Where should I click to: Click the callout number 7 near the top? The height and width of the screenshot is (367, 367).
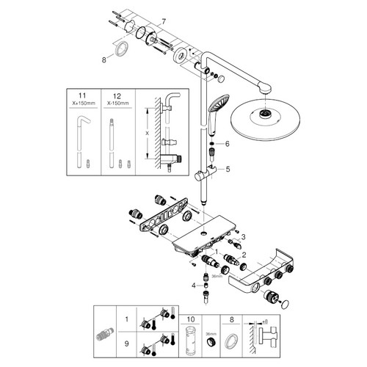164,22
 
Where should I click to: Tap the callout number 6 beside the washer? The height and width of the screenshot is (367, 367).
228,144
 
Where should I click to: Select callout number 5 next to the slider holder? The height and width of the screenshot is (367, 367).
228,169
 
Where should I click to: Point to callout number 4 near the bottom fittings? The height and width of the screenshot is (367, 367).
194,286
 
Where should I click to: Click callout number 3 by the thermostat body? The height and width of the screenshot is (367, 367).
243,237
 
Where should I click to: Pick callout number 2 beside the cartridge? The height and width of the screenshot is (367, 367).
244,255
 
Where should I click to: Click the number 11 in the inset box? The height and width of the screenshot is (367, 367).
82,95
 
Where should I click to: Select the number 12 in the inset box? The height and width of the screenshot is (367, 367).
117,96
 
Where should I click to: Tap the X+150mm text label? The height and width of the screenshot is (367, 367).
84,103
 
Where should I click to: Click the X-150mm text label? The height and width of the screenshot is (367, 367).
117,103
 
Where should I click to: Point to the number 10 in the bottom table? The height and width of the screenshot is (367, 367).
191,319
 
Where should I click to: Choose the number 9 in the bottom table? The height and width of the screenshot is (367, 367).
126,344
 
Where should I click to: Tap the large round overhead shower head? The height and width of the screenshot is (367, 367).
265,119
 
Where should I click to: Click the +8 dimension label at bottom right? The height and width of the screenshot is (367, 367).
264,321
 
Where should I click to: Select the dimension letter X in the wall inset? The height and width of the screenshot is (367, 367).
147,134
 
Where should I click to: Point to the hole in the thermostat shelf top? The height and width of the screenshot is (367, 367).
203,234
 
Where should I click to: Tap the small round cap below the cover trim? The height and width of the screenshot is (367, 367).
285,305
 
